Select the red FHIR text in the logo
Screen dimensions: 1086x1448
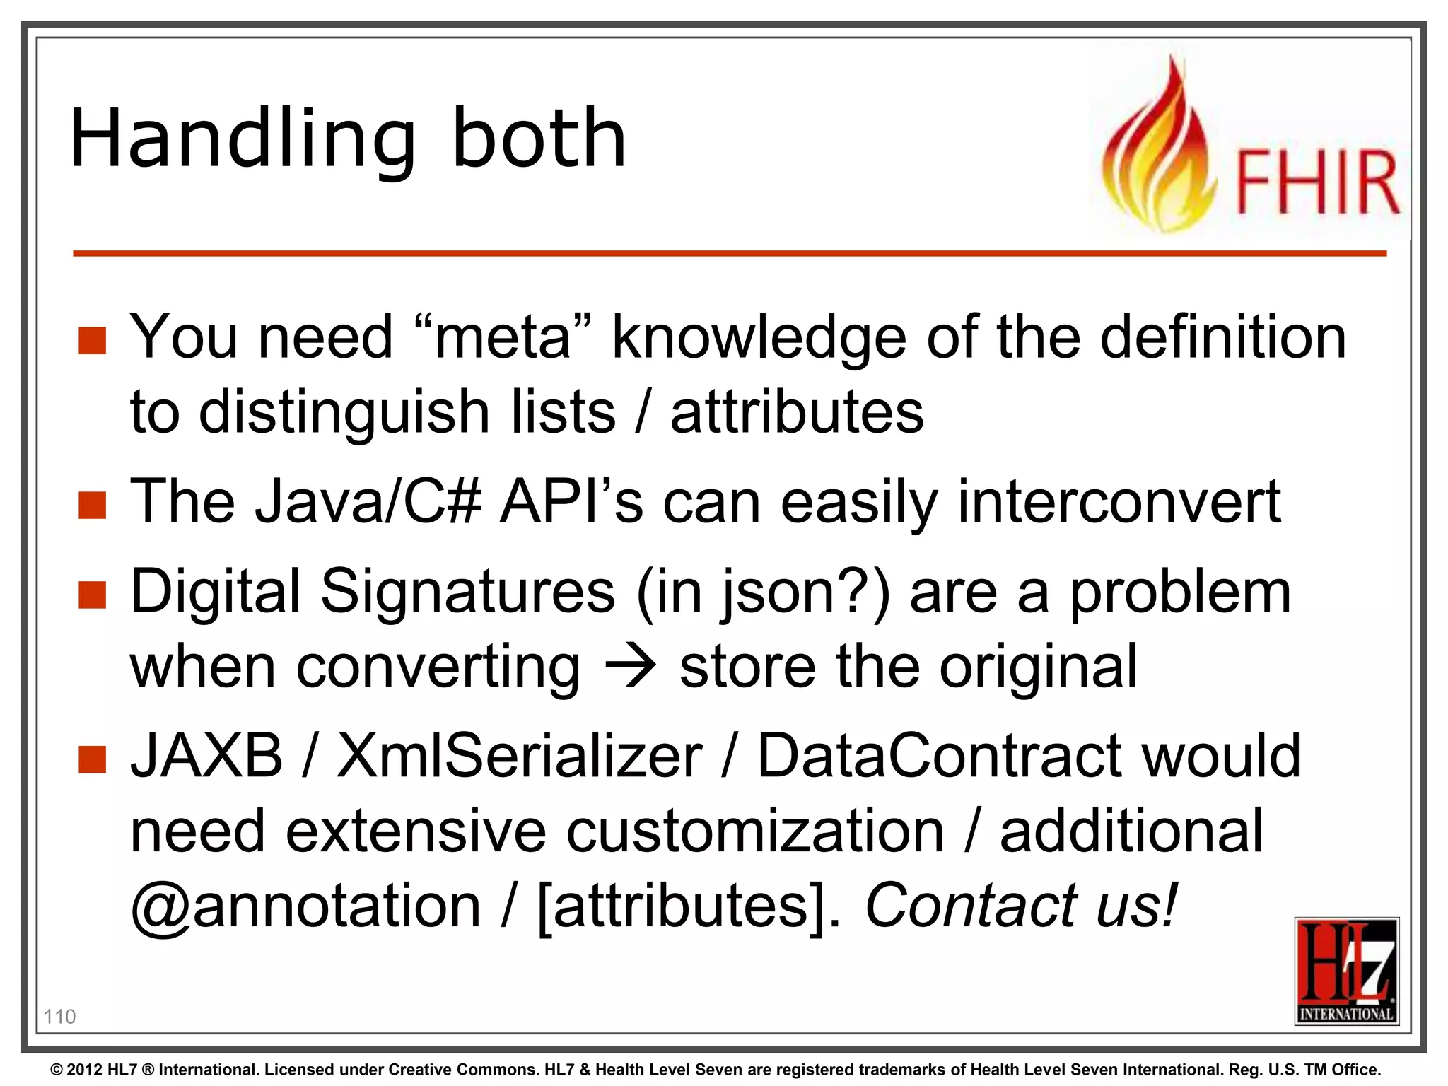click(1316, 182)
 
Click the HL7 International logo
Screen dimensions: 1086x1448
click(1346, 971)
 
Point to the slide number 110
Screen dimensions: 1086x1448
click(59, 1017)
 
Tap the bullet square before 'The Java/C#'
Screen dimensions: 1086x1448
click(93, 506)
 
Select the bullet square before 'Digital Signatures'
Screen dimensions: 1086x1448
click(93, 595)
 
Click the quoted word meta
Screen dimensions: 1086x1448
click(503, 337)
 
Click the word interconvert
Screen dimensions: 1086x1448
click(1119, 502)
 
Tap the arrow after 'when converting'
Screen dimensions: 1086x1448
click(630, 667)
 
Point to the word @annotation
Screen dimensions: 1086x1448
click(306, 906)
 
